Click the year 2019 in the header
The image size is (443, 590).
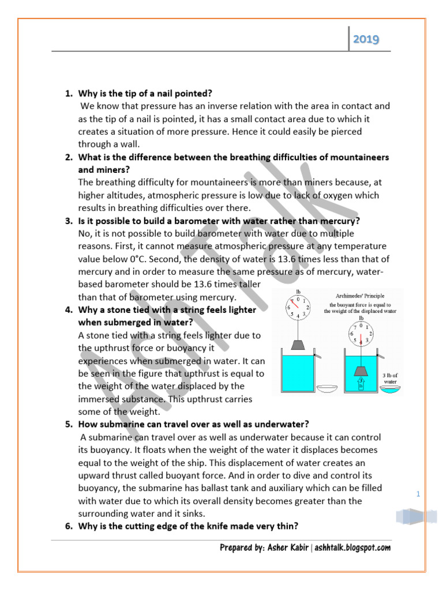[x=366, y=39]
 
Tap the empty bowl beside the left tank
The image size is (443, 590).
[x=330, y=389]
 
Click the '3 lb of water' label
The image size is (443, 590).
[x=391, y=377]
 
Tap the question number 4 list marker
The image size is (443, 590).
[x=68, y=310]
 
